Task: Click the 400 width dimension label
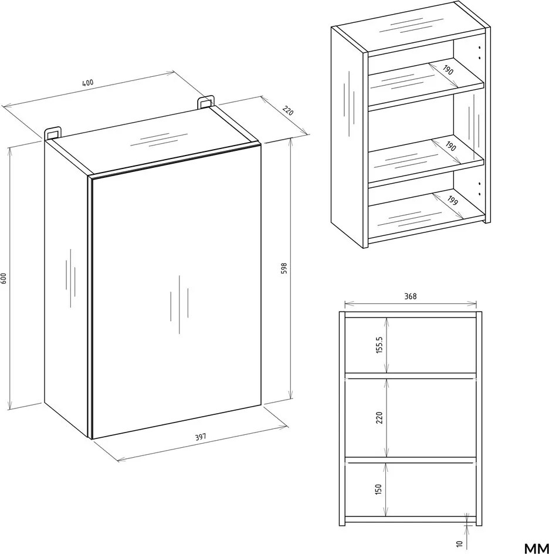click(x=88, y=83)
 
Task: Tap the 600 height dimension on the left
click(x=4, y=278)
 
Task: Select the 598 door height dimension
click(x=284, y=269)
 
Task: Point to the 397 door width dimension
click(x=201, y=437)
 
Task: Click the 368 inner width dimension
click(x=410, y=296)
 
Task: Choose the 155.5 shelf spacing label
click(x=379, y=345)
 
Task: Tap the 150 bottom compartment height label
click(x=378, y=489)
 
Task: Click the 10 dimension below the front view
click(x=459, y=543)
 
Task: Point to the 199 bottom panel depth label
click(x=453, y=201)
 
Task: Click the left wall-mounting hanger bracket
click(x=52, y=132)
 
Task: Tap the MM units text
click(x=536, y=548)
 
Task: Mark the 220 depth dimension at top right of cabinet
click(x=288, y=111)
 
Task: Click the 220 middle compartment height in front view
click(x=379, y=418)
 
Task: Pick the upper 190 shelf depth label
click(x=448, y=70)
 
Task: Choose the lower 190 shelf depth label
click(x=451, y=146)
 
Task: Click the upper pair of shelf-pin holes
click(x=479, y=52)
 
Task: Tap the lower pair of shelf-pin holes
click(x=479, y=188)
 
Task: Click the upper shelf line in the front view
click(x=411, y=376)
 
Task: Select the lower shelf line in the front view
click(x=411, y=460)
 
